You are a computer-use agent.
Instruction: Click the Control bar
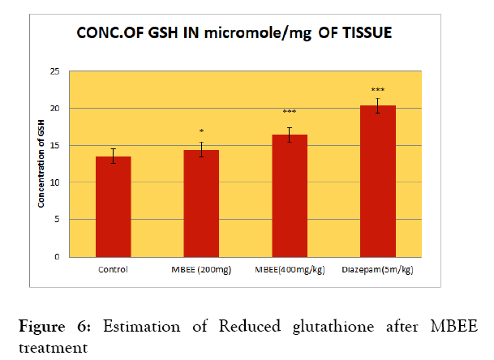(114, 207)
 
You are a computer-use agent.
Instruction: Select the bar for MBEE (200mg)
(202, 204)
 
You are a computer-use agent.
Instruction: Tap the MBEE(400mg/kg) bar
(290, 195)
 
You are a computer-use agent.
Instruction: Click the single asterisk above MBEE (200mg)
(202, 131)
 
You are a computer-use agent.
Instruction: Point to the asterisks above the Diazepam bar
(378, 90)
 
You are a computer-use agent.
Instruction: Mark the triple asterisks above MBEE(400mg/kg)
(290, 112)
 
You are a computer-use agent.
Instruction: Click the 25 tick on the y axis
(55, 71)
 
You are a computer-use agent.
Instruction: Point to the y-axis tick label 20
(55, 109)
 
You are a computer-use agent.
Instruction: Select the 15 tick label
(55, 146)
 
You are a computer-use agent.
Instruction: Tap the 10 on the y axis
(55, 182)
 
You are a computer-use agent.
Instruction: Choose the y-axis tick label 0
(58, 257)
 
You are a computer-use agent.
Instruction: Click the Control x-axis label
(114, 268)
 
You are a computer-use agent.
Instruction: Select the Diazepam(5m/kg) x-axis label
(378, 268)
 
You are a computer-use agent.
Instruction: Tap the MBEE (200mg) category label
(202, 268)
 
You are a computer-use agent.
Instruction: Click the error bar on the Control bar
(114, 156)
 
